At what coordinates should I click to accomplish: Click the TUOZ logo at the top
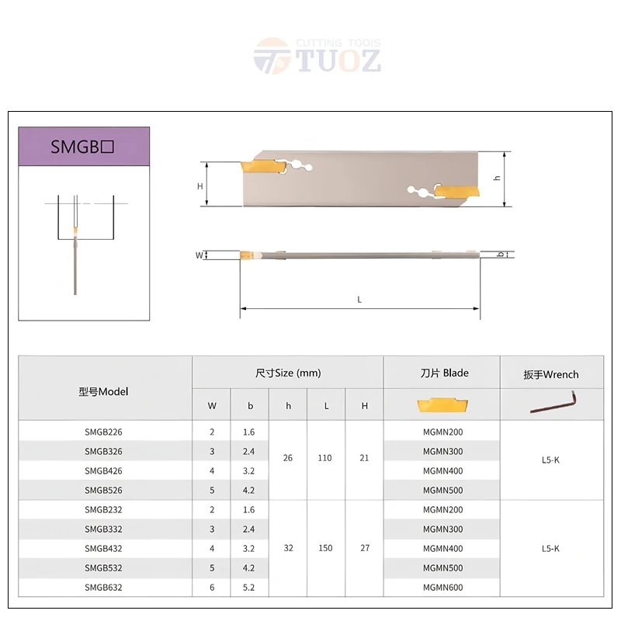coord(317,57)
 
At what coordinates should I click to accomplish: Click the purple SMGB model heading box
coord(84,147)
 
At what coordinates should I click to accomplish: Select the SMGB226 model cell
coord(103,432)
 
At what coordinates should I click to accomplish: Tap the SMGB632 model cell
coord(103,588)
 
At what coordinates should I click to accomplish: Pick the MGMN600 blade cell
coord(442,588)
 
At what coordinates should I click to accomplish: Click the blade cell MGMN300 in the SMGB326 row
coord(442,451)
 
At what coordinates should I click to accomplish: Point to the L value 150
coord(325,548)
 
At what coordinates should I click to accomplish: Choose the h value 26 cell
coord(288,458)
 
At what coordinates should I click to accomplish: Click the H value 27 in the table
coord(365,548)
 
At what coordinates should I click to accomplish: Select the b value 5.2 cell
coord(250,588)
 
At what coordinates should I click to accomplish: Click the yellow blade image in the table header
coord(441,404)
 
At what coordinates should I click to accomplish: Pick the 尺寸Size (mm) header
coord(288,373)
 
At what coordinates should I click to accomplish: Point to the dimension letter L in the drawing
coord(359,300)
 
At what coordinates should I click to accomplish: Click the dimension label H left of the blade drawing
coord(199,186)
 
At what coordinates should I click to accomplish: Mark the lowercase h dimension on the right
coord(498,178)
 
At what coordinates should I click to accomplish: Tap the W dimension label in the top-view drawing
coord(199,255)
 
